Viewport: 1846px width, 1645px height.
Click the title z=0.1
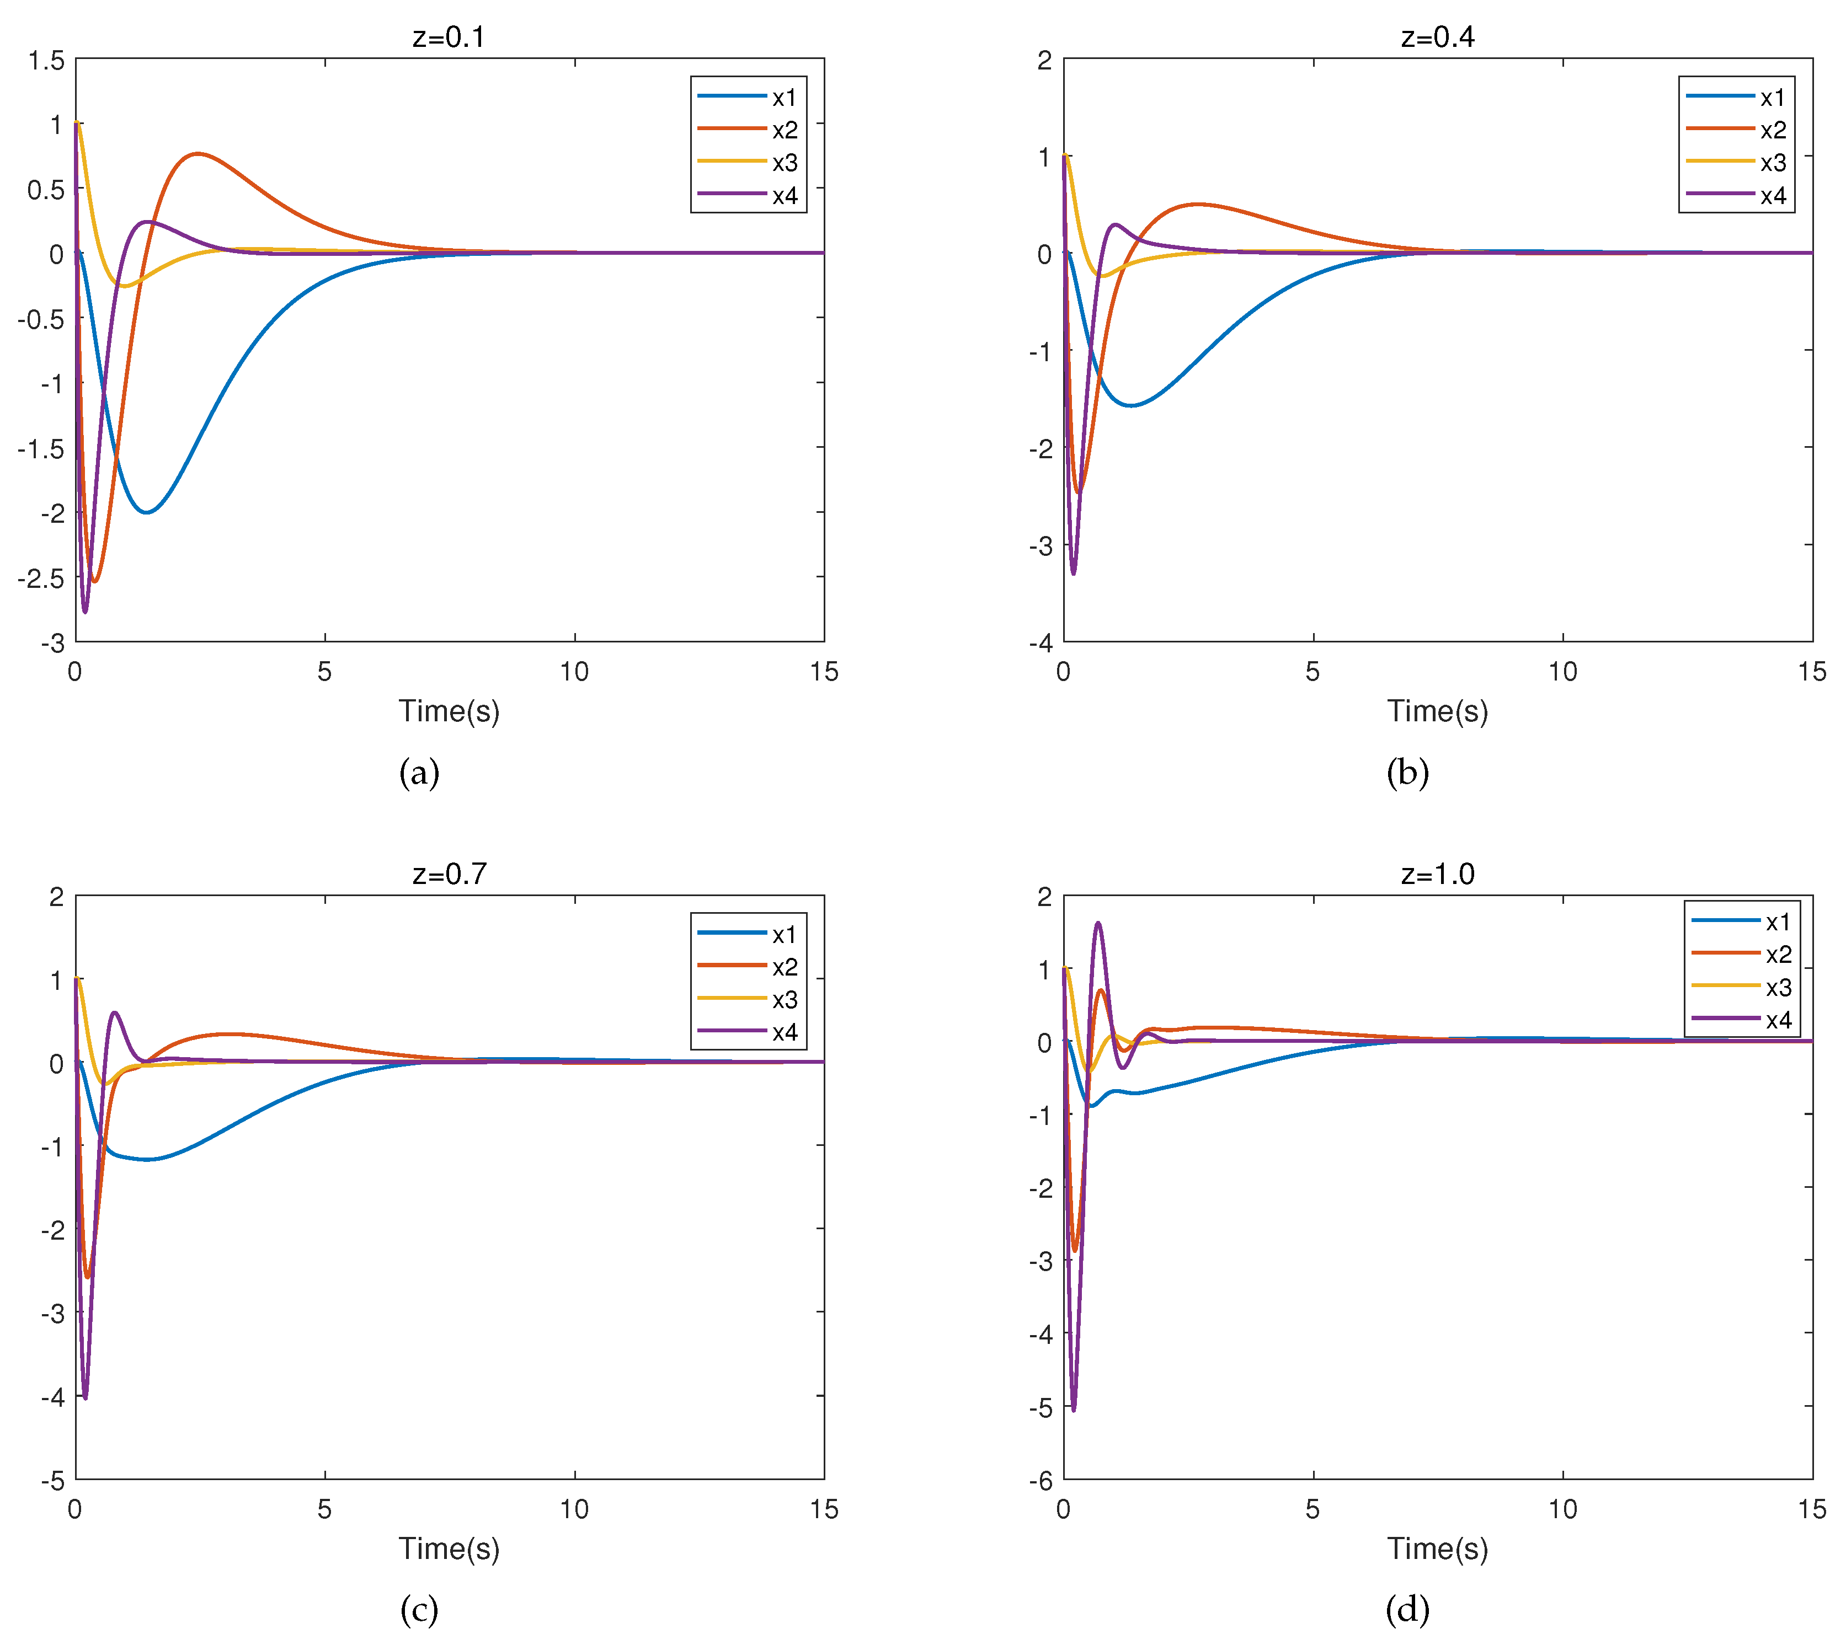(449, 37)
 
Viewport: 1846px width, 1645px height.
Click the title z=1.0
(1437, 874)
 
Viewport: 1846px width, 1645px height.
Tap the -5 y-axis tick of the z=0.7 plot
(52, 1481)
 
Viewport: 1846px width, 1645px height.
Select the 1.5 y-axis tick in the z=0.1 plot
(46, 61)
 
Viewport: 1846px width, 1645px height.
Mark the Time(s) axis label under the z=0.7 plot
(449, 1549)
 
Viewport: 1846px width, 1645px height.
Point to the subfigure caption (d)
(1407, 1610)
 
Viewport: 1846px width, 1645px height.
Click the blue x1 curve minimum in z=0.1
(146, 512)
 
